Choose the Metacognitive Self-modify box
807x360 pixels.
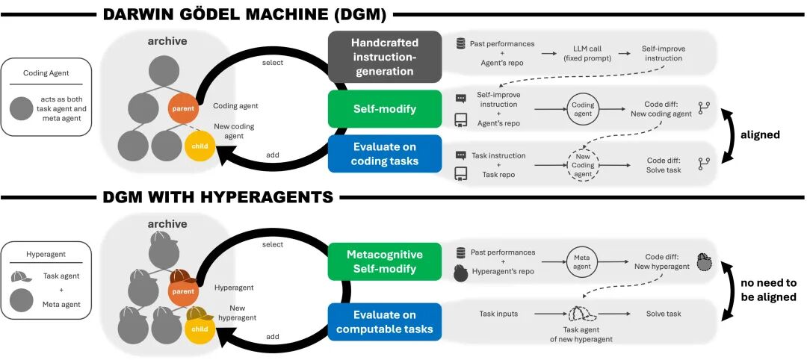pos(384,261)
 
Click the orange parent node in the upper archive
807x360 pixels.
pos(184,108)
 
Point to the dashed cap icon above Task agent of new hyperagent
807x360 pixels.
pos(583,314)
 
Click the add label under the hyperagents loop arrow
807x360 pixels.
pos(273,336)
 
